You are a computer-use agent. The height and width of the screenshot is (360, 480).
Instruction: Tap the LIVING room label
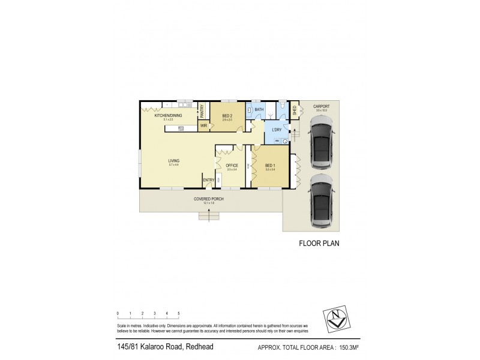[173, 160]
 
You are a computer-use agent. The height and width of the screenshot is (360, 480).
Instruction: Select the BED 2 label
[227, 116]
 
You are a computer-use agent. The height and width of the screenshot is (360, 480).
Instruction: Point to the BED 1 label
[270, 166]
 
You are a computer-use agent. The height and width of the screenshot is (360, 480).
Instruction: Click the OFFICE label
[232, 166]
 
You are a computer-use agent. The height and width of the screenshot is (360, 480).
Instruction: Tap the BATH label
[259, 110]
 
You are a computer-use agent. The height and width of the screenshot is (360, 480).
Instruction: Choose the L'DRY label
[277, 130]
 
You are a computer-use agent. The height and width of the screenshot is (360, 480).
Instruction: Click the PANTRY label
[202, 111]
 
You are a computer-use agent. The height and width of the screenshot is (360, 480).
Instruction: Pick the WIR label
[203, 126]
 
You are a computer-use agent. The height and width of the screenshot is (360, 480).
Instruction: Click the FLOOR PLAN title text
[319, 244]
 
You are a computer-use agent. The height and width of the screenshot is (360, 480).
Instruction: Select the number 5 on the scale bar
[179, 314]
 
